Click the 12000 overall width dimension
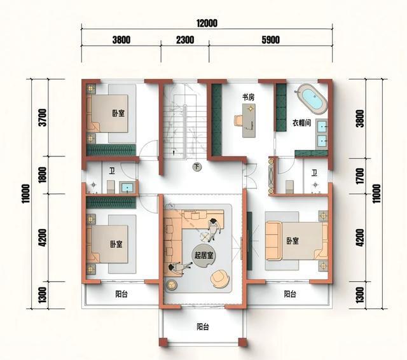click(207, 24)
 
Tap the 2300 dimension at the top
click(185, 40)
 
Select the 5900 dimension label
click(270, 40)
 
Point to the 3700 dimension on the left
click(43, 117)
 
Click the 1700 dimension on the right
click(360, 176)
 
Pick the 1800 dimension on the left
click(42, 175)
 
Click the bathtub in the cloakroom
click(312, 99)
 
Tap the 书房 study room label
click(248, 97)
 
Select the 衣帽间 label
click(302, 123)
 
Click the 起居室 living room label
click(203, 256)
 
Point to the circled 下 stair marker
click(197, 167)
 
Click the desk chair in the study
click(238, 121)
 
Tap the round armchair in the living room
click(220, 279)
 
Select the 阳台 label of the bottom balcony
click(202, 326)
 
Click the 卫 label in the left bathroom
click(112, 171)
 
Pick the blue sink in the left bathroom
click(127, 188)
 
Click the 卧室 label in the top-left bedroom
click(118, 113)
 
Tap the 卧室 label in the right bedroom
click(293, 241)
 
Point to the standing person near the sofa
click(214, 229)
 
